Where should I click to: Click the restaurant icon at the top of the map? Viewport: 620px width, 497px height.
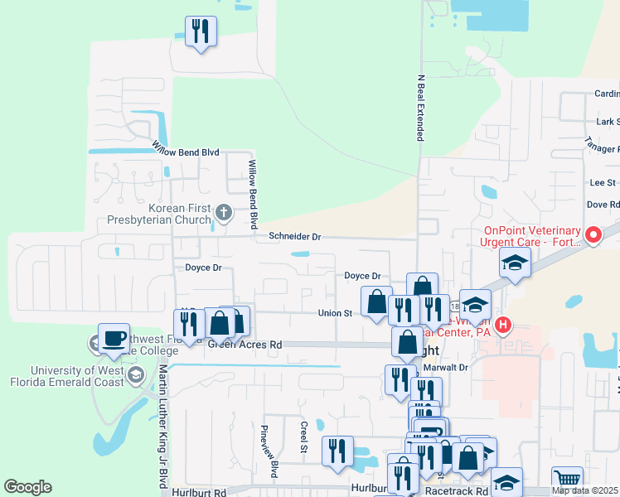[201, 31]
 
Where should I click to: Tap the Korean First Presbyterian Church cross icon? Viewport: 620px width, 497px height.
[223, 214]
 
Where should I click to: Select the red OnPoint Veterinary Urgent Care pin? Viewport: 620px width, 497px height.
[593, 235]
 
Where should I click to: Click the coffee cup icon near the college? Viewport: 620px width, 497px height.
[114, 338]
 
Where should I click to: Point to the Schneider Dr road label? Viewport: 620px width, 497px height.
[294, 237]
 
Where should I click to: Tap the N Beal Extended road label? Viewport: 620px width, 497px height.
[421, 108]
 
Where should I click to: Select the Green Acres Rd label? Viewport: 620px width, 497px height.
[245, 344]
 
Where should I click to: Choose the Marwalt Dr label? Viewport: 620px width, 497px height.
[445, 367]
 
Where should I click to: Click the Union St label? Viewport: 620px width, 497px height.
[336, 313]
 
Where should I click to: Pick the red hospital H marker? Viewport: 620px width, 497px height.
[501, 326]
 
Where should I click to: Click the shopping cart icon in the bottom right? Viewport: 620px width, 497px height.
[567, 478]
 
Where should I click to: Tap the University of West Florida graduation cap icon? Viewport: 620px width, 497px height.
[135, 375]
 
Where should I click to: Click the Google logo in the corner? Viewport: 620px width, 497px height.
[27, 487]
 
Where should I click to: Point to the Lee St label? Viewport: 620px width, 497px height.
[602, 182]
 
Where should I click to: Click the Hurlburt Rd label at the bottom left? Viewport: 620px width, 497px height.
[200, 492]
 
